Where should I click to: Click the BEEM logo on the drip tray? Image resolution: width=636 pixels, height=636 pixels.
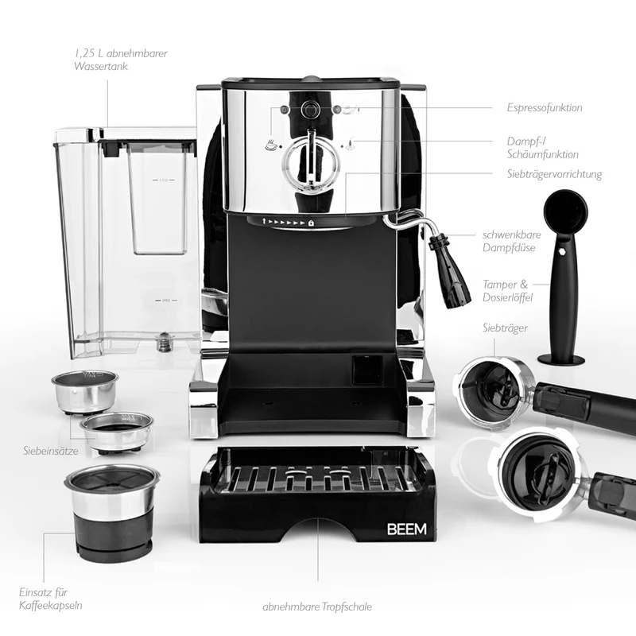pos(406,529)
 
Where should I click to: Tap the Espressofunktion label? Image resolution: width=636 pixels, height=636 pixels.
pos(545,107)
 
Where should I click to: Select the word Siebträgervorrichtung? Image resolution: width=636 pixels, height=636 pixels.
pos(554,174)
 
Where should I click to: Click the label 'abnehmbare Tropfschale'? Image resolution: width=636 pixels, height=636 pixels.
pos(317,607)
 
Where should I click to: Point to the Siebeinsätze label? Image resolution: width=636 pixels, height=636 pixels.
pos(51,450)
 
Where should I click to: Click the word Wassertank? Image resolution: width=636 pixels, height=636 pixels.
pos(101,66)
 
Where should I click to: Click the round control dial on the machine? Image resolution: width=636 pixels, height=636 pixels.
pos(311,161)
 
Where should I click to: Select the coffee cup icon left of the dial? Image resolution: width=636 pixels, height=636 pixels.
pos(272,144)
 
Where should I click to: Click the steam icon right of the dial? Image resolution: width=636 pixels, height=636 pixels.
pos(350,144)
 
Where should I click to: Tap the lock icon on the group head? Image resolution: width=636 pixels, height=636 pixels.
pos(311,223)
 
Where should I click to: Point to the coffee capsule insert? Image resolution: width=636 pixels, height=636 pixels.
pos(112,513)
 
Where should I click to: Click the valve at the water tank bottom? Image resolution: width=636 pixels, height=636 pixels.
pos(165,341)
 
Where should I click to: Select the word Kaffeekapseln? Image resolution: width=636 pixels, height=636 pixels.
pos(51,605)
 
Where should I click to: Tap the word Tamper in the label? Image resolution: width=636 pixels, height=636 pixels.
pos(500,285)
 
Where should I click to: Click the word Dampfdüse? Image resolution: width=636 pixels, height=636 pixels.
pos(509,247)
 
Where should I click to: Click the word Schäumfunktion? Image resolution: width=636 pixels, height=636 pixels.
pos(543,154)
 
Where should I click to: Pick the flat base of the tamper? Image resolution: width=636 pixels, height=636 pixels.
pos(561,359)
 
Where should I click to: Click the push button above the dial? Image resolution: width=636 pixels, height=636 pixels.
pos(310,110)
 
